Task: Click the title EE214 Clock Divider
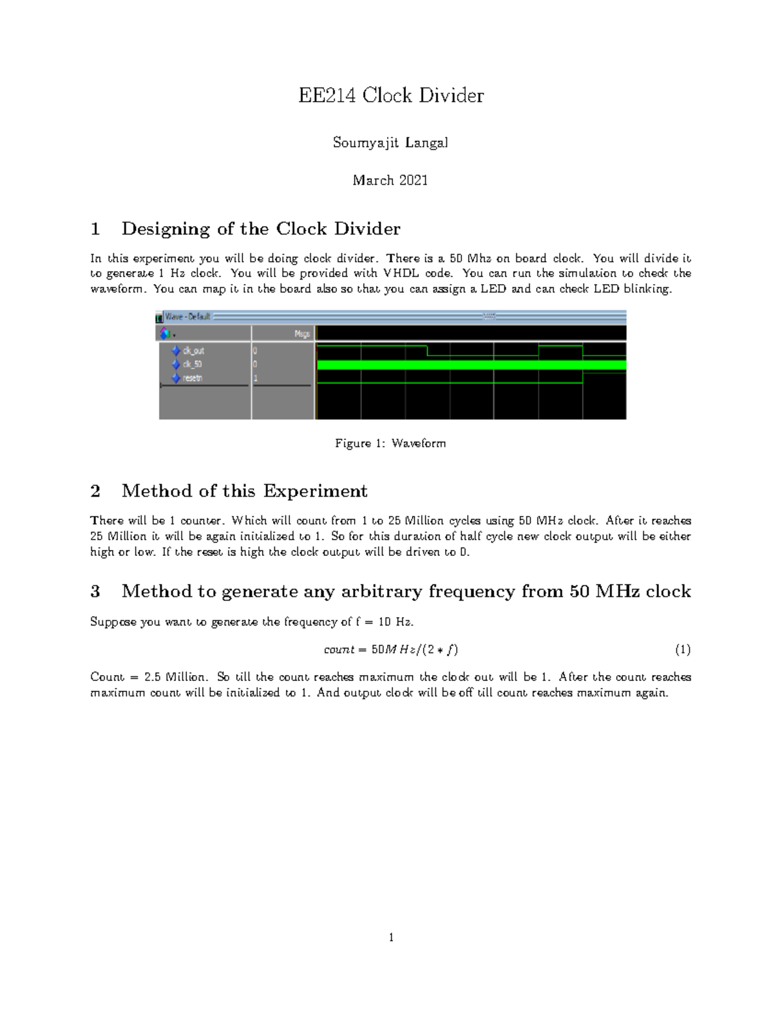tap(391, 95)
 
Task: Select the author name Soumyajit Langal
tap(390, 142)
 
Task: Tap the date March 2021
tap(390, 180)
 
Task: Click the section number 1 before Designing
tap(95, 229)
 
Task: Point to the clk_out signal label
tap(194, 351)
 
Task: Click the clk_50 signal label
tap(192, 364)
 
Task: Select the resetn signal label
tap(192, 378)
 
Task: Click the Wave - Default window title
tap(187, 317)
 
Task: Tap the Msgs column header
tap(302, 334)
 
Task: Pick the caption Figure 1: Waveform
tap(390, 443)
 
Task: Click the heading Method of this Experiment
tap(244, 491)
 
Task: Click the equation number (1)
tap(682, 650)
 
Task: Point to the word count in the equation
tap(339, 650)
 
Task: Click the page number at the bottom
tap(391, 938)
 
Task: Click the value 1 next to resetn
tap(255, 378)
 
